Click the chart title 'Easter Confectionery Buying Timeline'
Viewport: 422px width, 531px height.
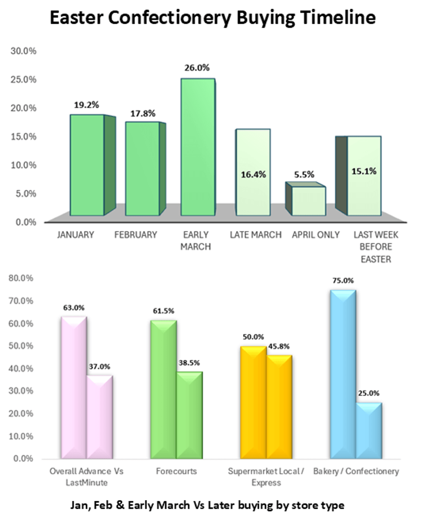tap(212, 18)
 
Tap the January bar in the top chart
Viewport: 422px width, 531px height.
tap(87, 165)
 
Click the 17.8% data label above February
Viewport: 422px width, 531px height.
tap(143, 114)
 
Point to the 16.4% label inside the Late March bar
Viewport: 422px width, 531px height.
tap(253, 175)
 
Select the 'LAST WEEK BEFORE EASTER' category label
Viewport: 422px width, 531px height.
tap(375, 247)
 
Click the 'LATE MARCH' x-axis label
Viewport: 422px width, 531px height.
tap(255, 235)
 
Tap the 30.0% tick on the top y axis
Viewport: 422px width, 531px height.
tap(24, 51)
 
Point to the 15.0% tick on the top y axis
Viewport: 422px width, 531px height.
tap(24, 136)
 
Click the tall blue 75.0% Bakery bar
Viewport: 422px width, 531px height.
tap(343, 374)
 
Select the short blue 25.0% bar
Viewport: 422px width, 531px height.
tap(369, 431)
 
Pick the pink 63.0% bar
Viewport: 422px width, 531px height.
tap(74, 388)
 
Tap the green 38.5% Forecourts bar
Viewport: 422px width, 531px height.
tap(189, 415)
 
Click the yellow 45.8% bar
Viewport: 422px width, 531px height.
tap(279, 407)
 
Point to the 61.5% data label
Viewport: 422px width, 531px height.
tap(164, 311)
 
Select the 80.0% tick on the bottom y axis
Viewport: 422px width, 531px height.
tap(21, 278)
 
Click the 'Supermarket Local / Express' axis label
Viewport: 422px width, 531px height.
tap(266, 477)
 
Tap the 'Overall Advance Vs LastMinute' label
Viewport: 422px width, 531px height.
tap(87, 477)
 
